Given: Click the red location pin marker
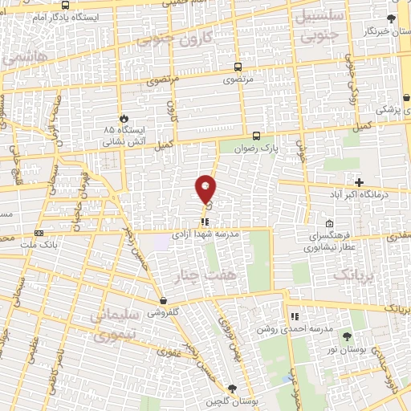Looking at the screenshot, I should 206,188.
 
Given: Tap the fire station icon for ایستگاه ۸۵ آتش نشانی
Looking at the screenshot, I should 123,116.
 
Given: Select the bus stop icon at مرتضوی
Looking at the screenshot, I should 237,67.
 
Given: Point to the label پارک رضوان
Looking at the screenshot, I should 258,149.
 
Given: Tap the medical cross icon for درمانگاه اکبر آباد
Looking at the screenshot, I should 359,182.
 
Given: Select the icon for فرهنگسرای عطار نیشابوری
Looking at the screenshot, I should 329,224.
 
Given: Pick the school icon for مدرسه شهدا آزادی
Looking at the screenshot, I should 205,221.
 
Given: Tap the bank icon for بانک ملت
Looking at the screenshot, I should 37,234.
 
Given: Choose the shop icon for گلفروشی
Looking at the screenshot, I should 163,300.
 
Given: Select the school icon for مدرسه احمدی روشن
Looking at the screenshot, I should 295,316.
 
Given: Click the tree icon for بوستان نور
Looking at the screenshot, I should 347,336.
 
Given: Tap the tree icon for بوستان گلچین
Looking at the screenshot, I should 233,388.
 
